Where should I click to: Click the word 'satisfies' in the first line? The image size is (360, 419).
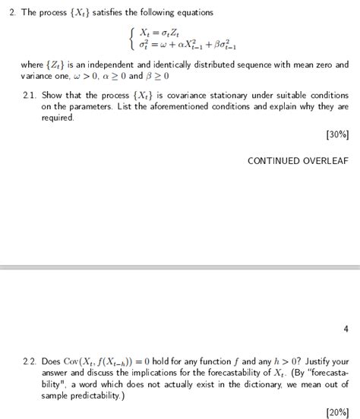pos(118,13)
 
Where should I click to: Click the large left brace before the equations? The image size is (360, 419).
pos(132,38)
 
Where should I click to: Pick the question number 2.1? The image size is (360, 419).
pos(30,96)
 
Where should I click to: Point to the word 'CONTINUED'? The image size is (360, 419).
pos(273,161)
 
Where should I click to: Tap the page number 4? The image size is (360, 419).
pos(346,329)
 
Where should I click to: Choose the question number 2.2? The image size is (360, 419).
pos(30,361)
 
